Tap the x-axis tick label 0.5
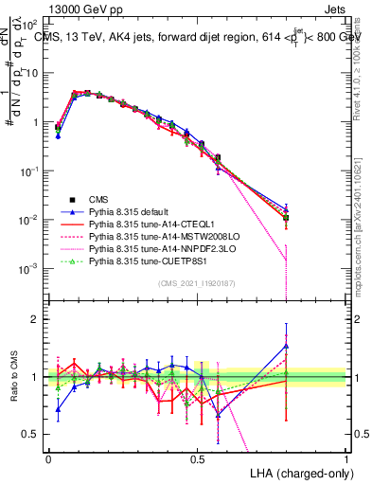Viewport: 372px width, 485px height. pyautogui.click(x=198, y=458)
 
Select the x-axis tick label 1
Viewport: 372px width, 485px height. pyautogui.click(x=346, y=458)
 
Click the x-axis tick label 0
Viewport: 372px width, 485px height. pyautogui.click(x=48, y=458)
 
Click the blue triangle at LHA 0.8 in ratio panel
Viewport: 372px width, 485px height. pyautogui.click(x=287, y=347)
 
